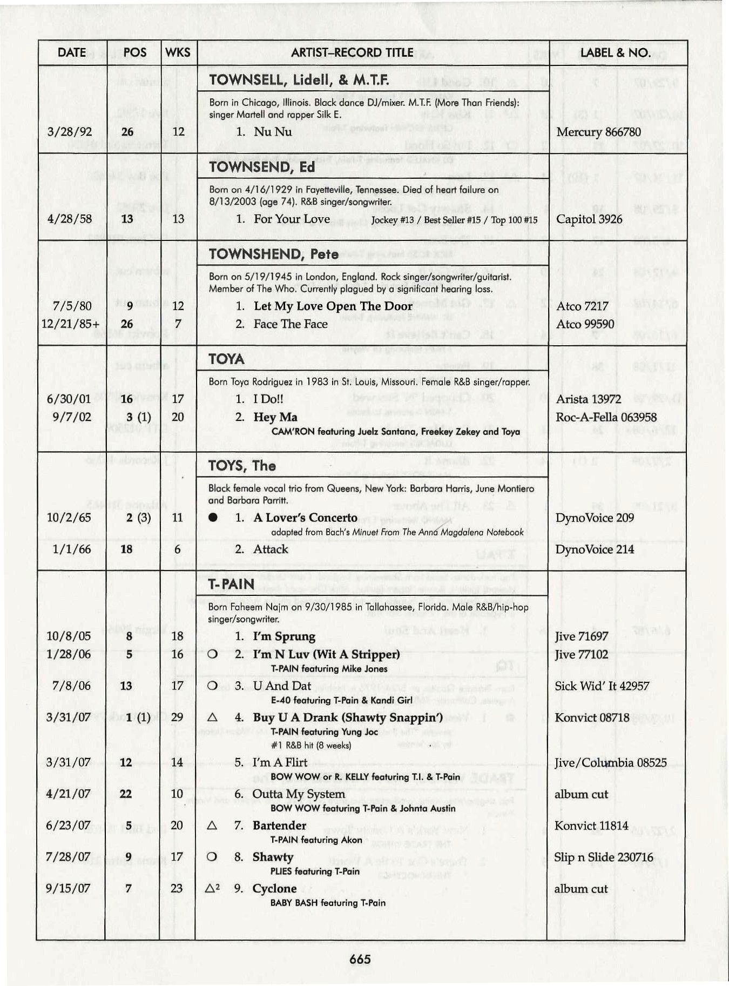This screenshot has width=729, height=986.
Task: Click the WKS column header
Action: coord(178,52)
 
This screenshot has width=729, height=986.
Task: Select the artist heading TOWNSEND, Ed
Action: coord(262,167)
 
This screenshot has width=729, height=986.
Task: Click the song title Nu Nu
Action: coord(273,132)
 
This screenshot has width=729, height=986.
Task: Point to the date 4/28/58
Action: coord(69,219)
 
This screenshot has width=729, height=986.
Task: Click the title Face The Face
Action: coord(291,324)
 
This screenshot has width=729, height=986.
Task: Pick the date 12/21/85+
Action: coord(70,324)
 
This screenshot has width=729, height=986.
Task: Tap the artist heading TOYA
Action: coord(226,359)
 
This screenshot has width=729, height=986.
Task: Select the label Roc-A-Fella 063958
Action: coord(606,417)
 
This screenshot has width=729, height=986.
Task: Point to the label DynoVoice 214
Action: coord(595,549)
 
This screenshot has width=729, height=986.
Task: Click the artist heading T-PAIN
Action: coord(231,584)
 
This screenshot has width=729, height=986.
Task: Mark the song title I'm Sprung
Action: coord(284,636)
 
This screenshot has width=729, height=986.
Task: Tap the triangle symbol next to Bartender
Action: coord(212,826)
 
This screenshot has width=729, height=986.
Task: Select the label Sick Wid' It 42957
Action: coord(602,686)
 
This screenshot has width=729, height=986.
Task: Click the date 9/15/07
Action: coord(69,889)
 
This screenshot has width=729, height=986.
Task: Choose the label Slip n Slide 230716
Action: coord(604,857)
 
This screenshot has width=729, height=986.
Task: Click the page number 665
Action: coord(360,959)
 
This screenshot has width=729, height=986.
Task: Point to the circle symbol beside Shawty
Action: coord(212,857)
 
